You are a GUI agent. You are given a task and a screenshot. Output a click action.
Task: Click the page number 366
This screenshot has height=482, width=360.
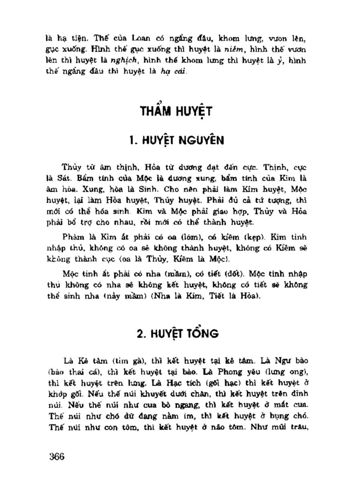click(57, 456)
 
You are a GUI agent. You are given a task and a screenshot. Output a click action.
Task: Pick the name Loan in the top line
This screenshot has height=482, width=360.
click(137, 41)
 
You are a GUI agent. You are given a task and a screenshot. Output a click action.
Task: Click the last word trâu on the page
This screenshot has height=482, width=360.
click(299, 423)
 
